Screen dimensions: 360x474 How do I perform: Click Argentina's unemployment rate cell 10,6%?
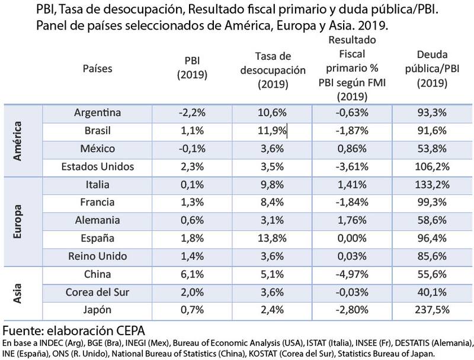(x=272, y=112)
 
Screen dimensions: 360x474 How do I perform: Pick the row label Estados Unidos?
(x=98, y=166)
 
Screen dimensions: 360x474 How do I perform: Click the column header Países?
(x=98, y=68)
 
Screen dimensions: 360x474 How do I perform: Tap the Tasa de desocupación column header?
(x=272, y=70)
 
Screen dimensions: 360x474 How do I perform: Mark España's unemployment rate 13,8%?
(x=272, y=239)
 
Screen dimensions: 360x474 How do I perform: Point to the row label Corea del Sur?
(x=98, y=291)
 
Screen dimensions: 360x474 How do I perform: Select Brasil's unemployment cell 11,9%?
(x=272, y=130)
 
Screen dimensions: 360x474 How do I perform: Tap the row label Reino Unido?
(x=98, y=257)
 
